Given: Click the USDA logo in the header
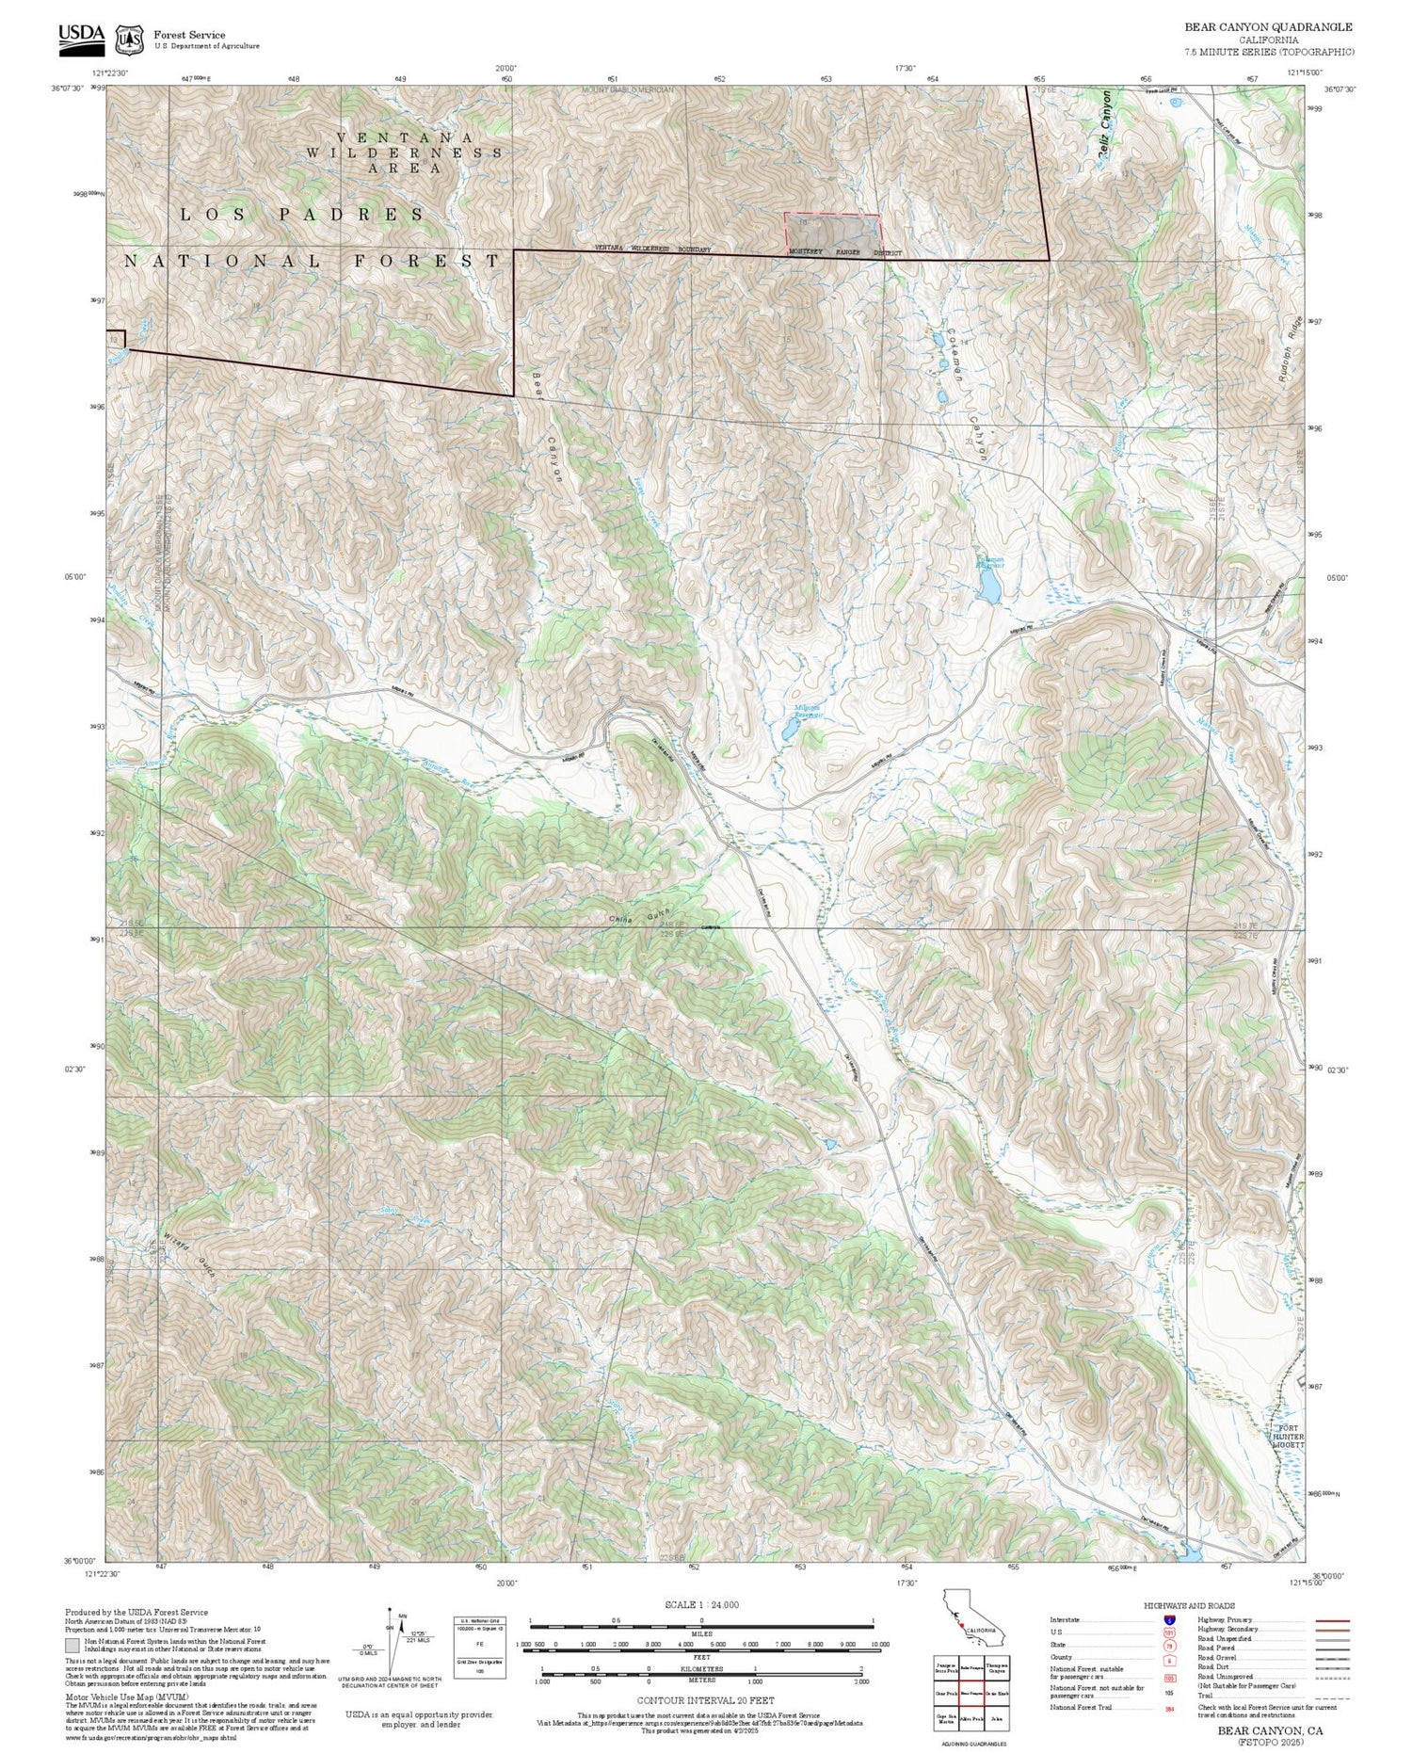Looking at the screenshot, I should coord(81,36).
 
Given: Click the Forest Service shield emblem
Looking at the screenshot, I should coord(128,40).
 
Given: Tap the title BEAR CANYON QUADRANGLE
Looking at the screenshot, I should coord(1268,27).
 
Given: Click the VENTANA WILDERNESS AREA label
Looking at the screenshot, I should coord(405,153).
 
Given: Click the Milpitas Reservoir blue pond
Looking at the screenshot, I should coord(789,730).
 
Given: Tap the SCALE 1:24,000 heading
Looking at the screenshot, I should coord(701,1604).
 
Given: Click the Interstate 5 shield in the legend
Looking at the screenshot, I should coord(1170,1619).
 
